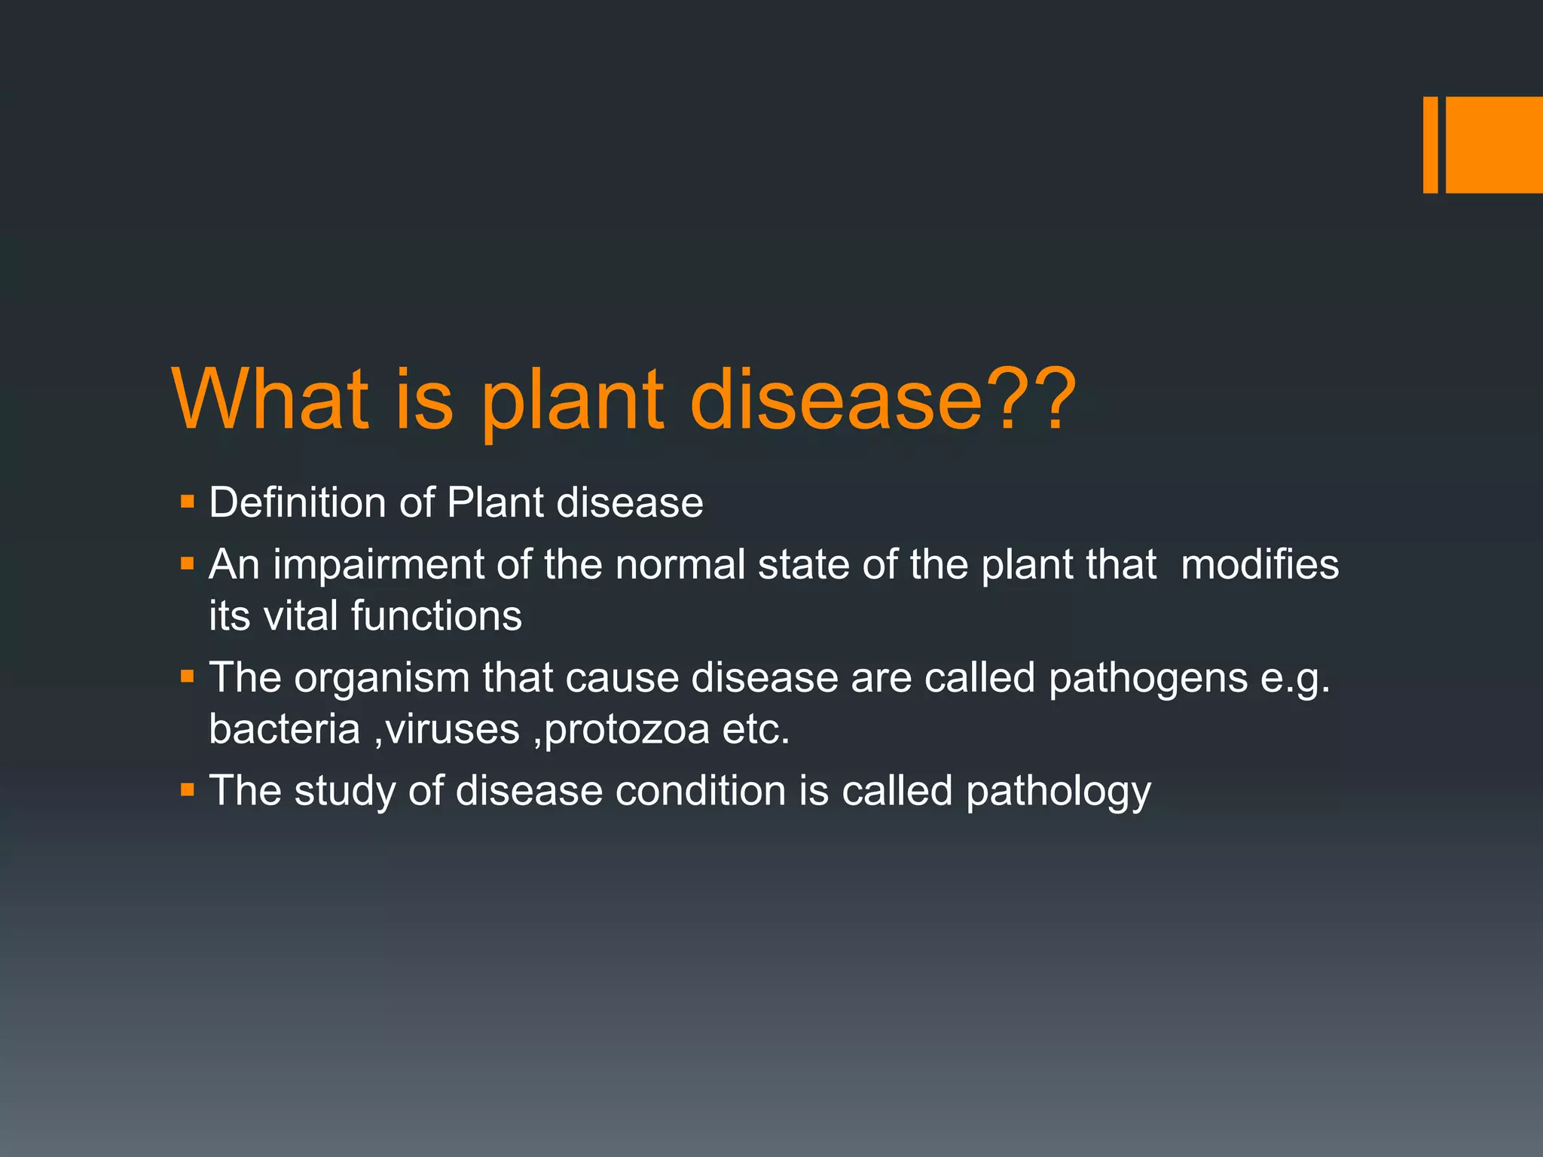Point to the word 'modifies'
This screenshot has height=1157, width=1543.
coord(1260,565)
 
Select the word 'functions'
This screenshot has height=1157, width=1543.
coord(436,615)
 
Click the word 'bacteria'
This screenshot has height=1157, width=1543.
coord(284,729)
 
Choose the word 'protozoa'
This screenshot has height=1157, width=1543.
coord(626,729)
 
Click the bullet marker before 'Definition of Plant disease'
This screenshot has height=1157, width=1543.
coord(188,501)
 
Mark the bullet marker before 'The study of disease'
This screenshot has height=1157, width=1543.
coord(188,790)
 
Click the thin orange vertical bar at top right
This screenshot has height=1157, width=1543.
coord(1430,145)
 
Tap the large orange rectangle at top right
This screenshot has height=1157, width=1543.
coord(1494,145)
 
